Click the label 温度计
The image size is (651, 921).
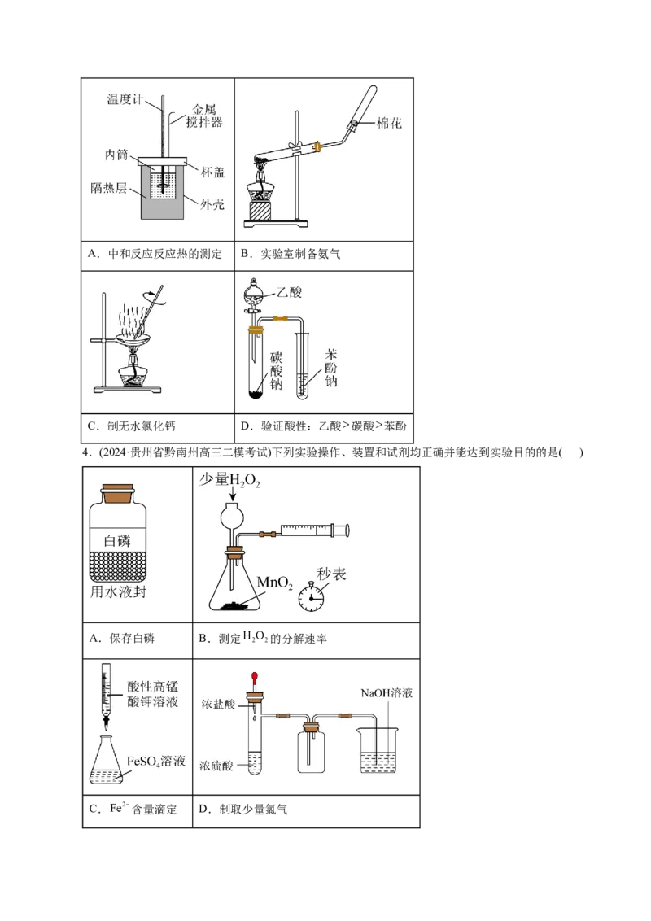(125, 99)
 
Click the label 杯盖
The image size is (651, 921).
(213, 172)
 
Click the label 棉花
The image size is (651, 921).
(389, 124)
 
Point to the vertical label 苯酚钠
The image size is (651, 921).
(331, 368)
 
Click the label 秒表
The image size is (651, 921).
(331, 574)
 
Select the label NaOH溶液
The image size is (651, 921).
(388, 693)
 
